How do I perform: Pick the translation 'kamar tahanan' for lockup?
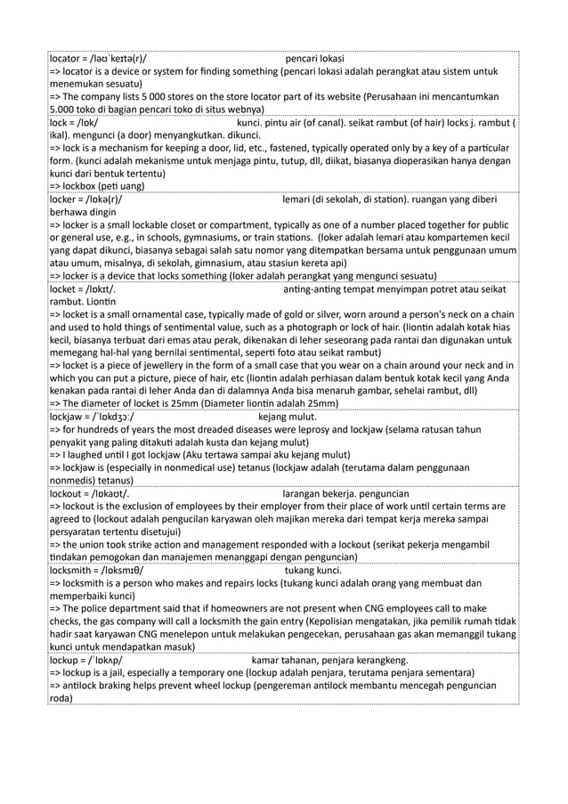285,660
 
